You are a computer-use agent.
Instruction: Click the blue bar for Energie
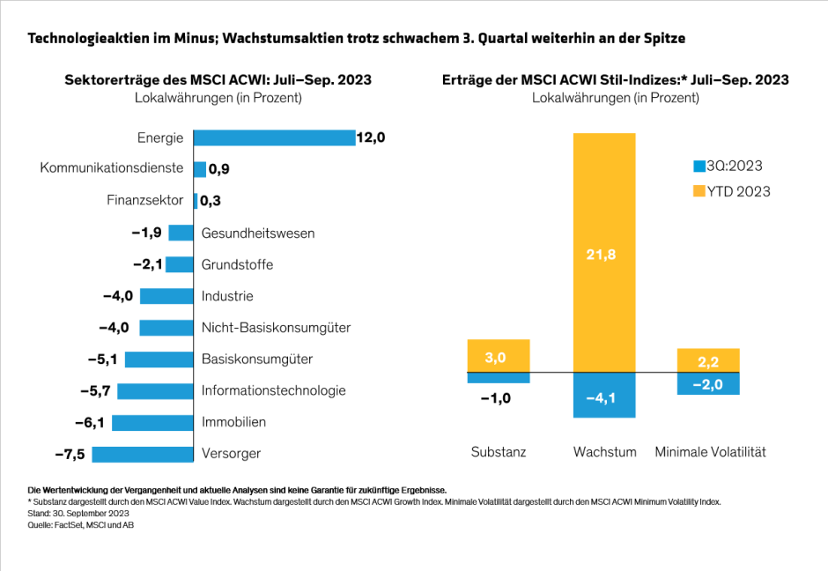pos(273,137)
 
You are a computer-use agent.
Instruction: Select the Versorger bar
pos(142,454)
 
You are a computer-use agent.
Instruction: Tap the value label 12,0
pos(371,137)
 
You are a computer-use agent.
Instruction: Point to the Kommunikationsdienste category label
pos(112,167)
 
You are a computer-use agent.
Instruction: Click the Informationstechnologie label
pos(273,390)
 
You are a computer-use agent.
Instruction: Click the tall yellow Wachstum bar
pos(603,253)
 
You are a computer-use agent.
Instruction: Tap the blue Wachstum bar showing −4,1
pos(603,396)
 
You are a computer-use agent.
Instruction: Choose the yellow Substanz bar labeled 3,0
pos(498,356)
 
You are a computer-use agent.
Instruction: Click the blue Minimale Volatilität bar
pos(708,383)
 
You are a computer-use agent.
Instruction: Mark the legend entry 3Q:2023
pos(728,166)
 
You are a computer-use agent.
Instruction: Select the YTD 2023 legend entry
pos(731,191)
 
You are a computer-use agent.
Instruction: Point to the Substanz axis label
pos(498,452)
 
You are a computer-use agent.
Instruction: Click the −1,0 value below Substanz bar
pos(496,397)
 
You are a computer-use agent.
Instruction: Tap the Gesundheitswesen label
pos(258,234)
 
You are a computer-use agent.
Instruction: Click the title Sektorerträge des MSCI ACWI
pos(218,80)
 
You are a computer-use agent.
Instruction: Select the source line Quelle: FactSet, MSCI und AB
pos(80,525)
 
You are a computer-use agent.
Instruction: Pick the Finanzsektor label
pos(145,200)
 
